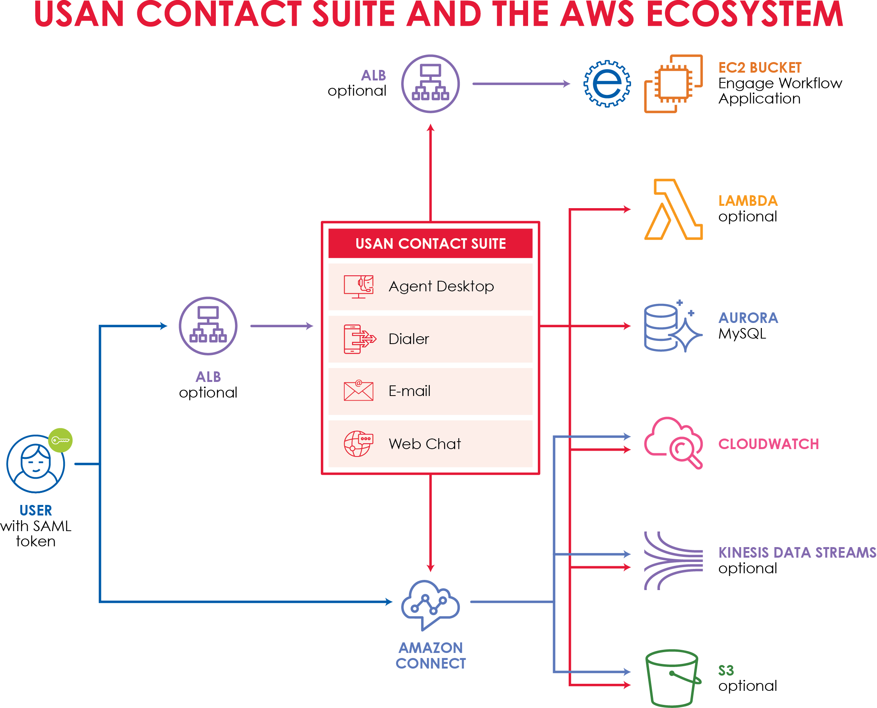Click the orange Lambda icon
[673, 209]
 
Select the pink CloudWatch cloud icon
[673, 443]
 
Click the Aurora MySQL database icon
[672, 326]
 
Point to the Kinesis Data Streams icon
[673, 560]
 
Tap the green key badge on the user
[60, 440]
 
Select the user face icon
[36, 464]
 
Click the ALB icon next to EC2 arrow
[430, 84]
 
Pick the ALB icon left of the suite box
[208, 326]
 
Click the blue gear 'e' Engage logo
[607, 84]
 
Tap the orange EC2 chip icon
[673, 84]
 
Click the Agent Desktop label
[441, 286]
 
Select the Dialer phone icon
[359, 339]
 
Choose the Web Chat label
[424, 444]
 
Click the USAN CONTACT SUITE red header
[430, 243]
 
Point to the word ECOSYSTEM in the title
[744, 14]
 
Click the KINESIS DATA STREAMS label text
[797, 553]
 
